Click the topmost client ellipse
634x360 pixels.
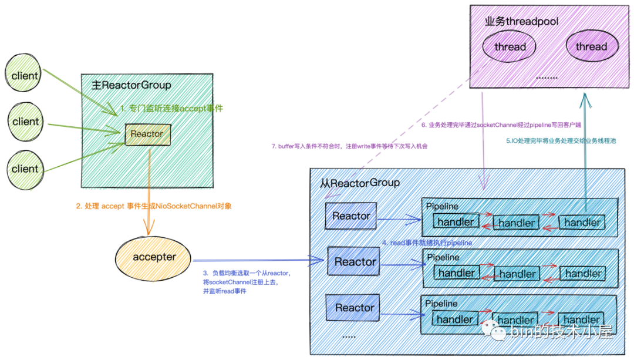(25, 75)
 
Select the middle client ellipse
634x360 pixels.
(25, 122)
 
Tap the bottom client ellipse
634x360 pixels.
(25, 169)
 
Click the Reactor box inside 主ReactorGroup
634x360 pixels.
(147, 134)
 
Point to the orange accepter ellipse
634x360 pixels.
(154, 257)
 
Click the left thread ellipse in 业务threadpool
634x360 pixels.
(510, 46)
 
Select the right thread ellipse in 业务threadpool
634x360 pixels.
(591, 46)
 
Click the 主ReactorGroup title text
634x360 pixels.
(131, 86)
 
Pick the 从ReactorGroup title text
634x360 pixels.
(360, 183)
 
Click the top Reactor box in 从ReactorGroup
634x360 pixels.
(351, 216)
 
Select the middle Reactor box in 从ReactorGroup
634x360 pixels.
(354, 262)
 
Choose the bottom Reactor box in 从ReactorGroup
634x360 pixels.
(354, 308)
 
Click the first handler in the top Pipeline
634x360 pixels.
(456, 221)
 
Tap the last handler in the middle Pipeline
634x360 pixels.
(582, 274)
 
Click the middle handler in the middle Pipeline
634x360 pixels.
(517, 274)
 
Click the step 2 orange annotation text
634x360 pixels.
(154, 206)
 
